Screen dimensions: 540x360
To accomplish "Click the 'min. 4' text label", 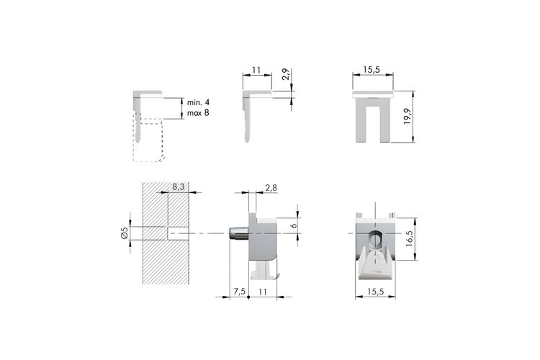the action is pyautogui.click(x=198, y=102).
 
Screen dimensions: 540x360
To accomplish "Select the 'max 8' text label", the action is pyautogui.click(x=198, y=112).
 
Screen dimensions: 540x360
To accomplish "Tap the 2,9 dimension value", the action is pyautogui.click(x=287, y=74).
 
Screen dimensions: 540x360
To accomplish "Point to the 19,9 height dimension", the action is pyautogui.click(x=408, y=117).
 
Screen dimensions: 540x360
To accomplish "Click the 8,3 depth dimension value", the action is pyautogui.click(x=179, y=186).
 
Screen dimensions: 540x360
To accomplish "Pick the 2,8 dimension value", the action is pyautogui.click(x=271, y=188).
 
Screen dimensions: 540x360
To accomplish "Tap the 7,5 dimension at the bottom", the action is pyautogui.click(x=239, y=292).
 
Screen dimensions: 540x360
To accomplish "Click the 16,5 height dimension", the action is pyautogui.click(x=409, y=238).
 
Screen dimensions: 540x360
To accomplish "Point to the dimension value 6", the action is pyautogui.click(x=294, y=225).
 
